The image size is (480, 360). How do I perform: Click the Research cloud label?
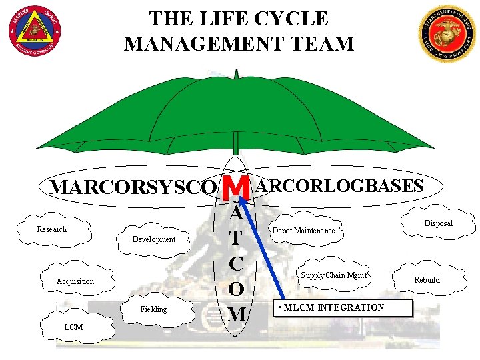[52, 229]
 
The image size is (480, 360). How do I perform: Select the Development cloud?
[154, 239]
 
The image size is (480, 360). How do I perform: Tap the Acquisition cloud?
[75, 281]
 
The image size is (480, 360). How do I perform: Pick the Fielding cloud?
[154, 309]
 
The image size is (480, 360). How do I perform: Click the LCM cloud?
[73, 327]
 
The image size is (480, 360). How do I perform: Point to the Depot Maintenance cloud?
[304, 231]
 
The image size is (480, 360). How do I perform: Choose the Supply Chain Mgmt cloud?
[334, 275]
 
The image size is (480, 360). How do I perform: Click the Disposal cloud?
[438, 223]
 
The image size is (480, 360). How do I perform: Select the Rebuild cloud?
[427, 280]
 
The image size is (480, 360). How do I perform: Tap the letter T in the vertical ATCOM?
[236, 238]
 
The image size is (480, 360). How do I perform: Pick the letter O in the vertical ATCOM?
[236, 289]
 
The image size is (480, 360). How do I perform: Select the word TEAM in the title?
[323, 43]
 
